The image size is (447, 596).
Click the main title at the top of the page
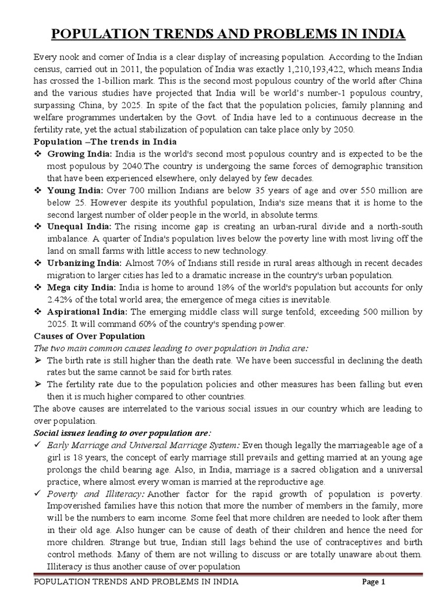coord(228,35)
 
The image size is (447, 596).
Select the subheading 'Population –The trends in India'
coord(105,142)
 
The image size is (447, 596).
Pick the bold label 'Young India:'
coord(76,191)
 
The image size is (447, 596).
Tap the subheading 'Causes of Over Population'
coord(89,336)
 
